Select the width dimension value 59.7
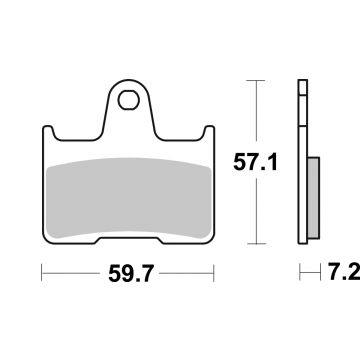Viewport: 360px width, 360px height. click(x=128, y=272)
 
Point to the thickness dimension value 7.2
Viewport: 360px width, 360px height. click(x=338, y=272)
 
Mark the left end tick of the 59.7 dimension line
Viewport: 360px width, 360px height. click(x=41, y=271)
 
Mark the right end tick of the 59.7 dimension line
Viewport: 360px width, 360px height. click(x=215, y=271)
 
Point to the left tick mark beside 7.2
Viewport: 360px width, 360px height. click(x=299, y=271)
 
